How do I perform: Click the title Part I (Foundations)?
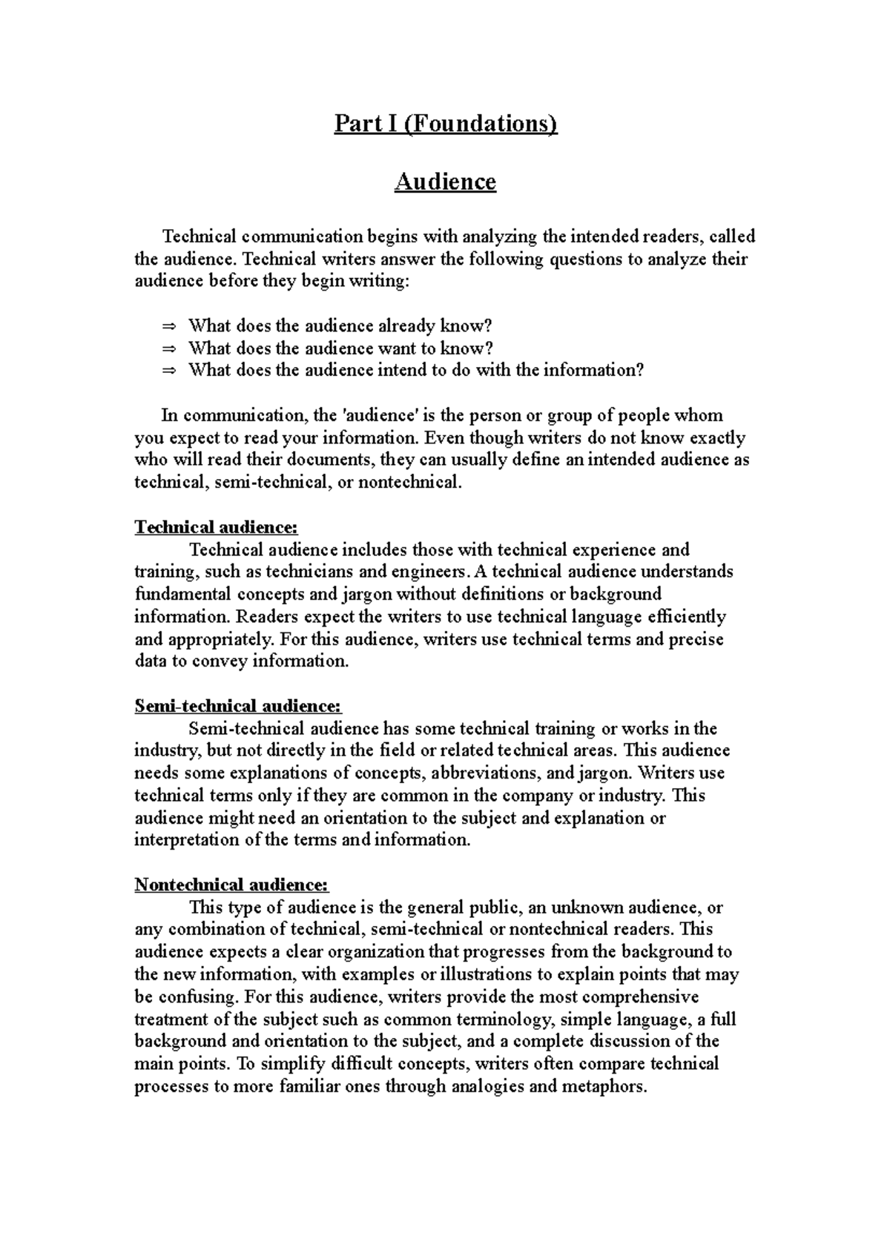point(445,123)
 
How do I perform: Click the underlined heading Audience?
point(445,182)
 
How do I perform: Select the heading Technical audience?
point(216,527)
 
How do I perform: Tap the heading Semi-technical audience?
point(238,706)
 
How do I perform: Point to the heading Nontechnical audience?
point(231,885)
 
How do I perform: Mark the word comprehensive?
point(636,997)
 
